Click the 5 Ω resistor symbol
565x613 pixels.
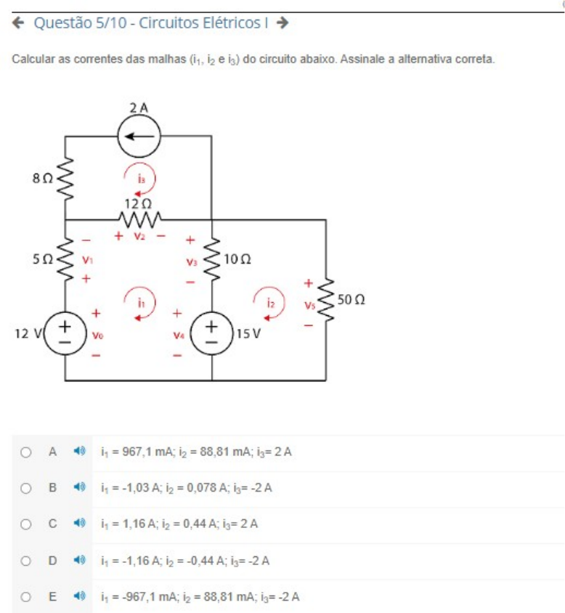pos(66,259)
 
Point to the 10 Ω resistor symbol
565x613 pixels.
pos(212,259)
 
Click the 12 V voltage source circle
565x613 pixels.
pos(66,333)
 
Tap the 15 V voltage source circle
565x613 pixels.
pos(213,333)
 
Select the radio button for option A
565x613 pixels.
pos(26,452)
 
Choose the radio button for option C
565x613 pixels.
pos(26,524)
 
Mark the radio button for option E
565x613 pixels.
pos(26,597)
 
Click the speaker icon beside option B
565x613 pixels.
pos(80,488)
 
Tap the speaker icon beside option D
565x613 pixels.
pos(80,561)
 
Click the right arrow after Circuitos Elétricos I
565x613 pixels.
pos(283,23)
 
